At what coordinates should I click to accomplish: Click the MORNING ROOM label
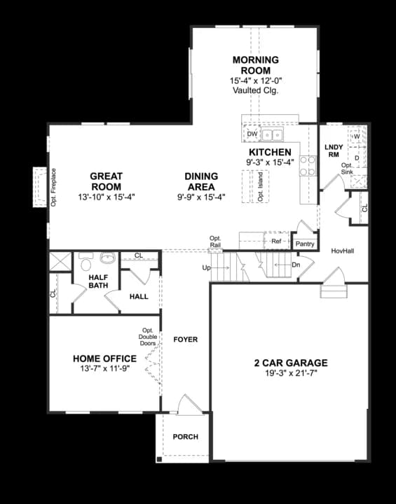255,65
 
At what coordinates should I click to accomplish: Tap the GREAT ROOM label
107,181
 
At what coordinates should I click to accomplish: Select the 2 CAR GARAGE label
290,363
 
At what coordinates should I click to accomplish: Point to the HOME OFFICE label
104,359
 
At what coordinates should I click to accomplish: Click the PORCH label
185,437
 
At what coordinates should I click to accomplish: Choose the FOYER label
186,339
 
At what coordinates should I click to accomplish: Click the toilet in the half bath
86,263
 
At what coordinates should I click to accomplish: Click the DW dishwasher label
252,134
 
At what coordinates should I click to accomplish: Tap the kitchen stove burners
307,166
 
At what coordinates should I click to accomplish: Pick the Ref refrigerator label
276,241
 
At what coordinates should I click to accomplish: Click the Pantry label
305,244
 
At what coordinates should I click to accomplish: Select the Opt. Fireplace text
53,187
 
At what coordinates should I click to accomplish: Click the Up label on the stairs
206,268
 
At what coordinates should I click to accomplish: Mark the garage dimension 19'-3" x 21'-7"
290,374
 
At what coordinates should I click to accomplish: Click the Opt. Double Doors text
148,338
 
